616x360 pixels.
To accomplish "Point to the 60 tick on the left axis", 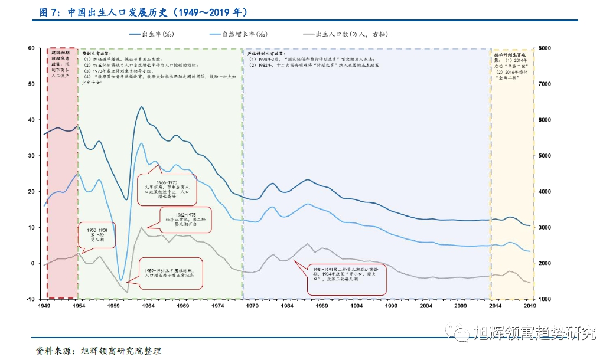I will tap(32, 48).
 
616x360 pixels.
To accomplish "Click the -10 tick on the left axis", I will tap(31, 299).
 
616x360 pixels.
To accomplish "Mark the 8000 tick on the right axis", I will tap(543, 48).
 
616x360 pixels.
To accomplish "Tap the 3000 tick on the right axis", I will tap(543, 228).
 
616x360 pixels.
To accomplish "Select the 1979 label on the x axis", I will tap(253, 307).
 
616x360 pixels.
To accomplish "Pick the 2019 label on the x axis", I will tap(530, 307).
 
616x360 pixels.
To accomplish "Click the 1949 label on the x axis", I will tap(44, 307).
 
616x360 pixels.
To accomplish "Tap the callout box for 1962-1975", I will tap(184, 220).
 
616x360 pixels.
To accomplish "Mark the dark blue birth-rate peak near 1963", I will tap(142, 107).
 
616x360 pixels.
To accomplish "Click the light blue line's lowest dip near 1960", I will tap(120, 280).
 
